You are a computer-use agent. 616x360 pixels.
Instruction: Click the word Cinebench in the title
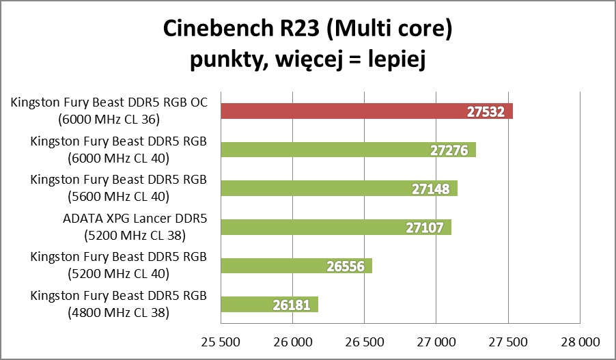click(218, 30)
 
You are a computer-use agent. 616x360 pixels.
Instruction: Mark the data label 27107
click(424, 227)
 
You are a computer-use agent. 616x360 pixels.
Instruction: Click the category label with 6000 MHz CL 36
click(109, 111)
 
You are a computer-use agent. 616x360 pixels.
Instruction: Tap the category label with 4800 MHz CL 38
click(118, 304)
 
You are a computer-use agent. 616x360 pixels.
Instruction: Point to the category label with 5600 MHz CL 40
click(118, 189)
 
